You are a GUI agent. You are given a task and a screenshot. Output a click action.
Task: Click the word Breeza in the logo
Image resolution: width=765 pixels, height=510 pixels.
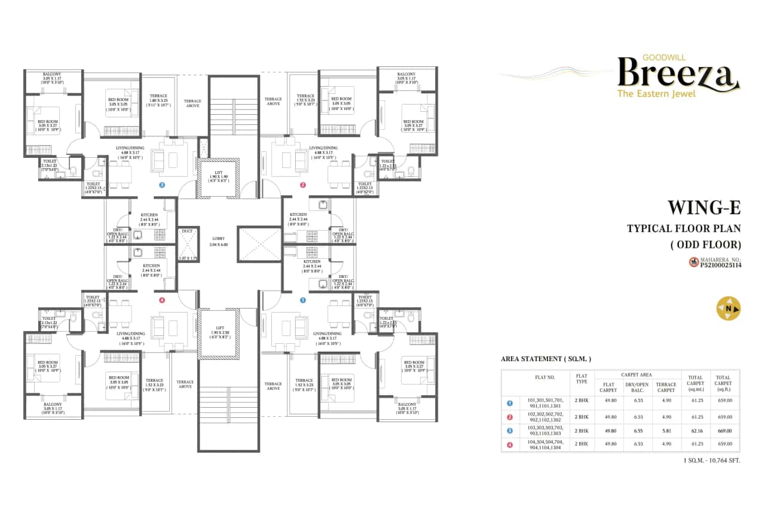[x=675, y=75]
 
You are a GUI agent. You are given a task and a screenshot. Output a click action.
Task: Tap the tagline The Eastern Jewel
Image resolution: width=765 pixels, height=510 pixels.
[x=656, y=94]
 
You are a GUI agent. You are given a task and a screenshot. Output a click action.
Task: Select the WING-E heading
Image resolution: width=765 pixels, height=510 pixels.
[x=703, y=207]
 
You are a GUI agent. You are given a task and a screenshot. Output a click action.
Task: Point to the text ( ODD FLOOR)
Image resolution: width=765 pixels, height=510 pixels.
[x=705, y=244]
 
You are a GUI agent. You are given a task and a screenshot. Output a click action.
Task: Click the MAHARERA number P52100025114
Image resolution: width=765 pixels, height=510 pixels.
[x=720, y=265]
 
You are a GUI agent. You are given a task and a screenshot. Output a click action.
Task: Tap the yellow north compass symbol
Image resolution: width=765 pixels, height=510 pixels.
[x=729, y=309]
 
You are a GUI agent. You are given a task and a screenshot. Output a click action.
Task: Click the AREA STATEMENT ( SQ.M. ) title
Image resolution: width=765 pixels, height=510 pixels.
[x=546, y=359]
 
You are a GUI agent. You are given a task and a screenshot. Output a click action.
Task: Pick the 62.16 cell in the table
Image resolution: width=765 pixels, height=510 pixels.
[x=695, y=430]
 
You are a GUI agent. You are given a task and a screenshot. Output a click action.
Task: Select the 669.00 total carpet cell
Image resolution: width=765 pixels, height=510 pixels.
[x=724, y=430]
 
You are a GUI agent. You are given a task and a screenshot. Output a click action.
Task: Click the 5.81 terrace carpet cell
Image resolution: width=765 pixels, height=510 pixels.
[x=666, y=430]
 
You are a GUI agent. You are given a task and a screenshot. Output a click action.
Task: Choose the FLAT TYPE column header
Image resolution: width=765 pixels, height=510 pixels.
[x=582, y=381]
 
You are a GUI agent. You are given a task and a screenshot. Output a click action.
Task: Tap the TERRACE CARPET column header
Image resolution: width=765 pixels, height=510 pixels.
[x=666, y=387]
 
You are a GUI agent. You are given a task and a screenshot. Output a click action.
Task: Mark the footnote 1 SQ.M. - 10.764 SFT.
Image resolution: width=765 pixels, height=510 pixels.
[x=711, y=461]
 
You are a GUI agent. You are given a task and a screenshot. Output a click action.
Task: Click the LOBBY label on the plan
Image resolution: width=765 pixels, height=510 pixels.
[x=218, y=238]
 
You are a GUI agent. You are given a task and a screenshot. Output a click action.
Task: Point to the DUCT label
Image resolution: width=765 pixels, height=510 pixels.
[x=187, y=230]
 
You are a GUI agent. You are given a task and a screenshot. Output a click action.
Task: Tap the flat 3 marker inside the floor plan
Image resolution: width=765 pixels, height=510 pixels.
[x=161, y=185]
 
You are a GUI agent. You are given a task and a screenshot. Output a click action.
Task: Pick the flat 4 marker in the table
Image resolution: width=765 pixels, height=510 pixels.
[x=510, y=444]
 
